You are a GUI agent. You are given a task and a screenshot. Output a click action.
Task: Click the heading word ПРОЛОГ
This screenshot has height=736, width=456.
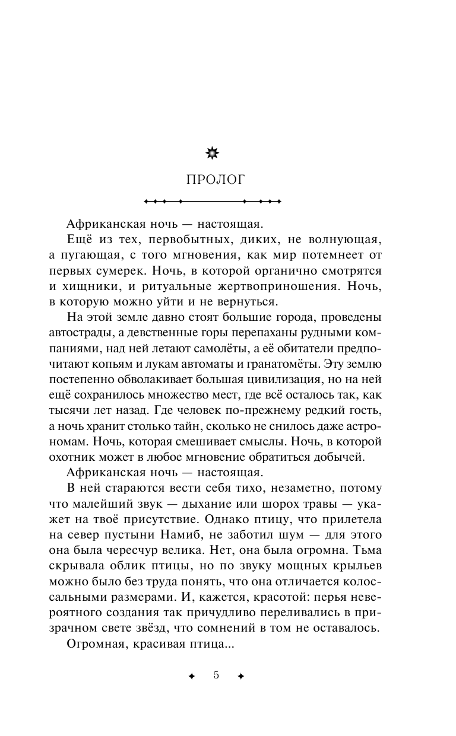(212, 180)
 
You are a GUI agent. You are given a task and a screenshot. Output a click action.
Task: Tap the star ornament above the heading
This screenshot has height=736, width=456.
(212, 154)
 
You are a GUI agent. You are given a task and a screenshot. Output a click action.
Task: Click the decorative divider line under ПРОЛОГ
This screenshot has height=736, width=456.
(212, 202)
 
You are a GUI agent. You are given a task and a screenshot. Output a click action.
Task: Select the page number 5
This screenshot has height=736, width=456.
(216, 676)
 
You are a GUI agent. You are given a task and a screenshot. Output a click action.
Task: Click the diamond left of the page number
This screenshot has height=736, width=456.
(191, 676)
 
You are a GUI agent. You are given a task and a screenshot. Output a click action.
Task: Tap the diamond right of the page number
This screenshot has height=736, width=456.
(240, 676)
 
